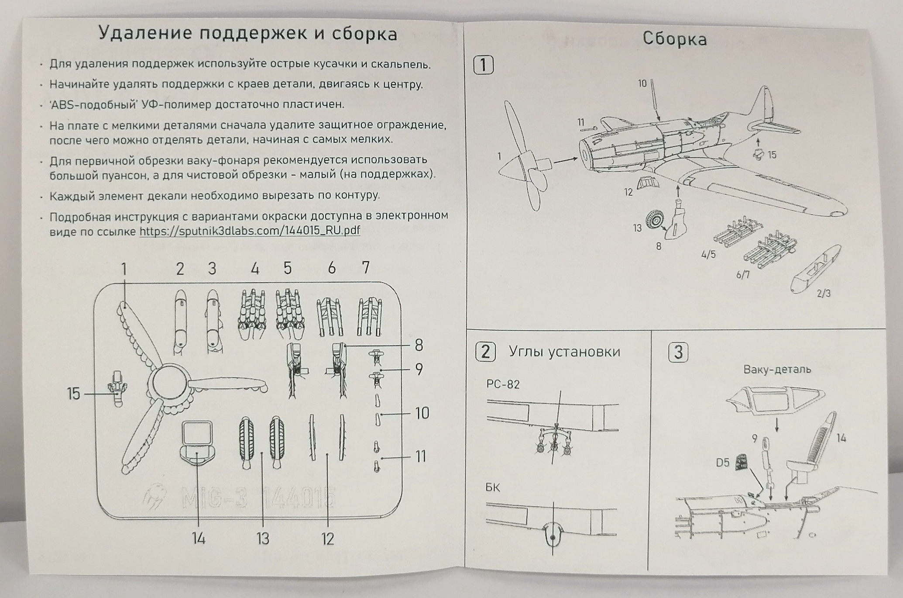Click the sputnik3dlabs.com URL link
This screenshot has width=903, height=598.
250,231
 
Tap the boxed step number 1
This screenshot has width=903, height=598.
483,65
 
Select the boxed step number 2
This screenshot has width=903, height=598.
485,352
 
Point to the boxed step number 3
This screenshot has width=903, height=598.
678,353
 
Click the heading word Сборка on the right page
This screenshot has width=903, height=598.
674,39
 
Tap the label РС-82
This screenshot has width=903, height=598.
503,384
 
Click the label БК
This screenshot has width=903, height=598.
493,487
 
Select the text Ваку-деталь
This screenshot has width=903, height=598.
777,370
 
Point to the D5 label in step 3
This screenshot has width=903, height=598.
723,462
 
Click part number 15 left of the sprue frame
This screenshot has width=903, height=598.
73,394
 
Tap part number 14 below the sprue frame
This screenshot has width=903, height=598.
198,539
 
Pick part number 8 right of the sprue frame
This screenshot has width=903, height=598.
419,346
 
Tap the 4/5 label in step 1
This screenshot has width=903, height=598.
708,255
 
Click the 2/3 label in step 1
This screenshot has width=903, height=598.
824,294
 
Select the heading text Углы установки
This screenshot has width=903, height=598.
564,352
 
